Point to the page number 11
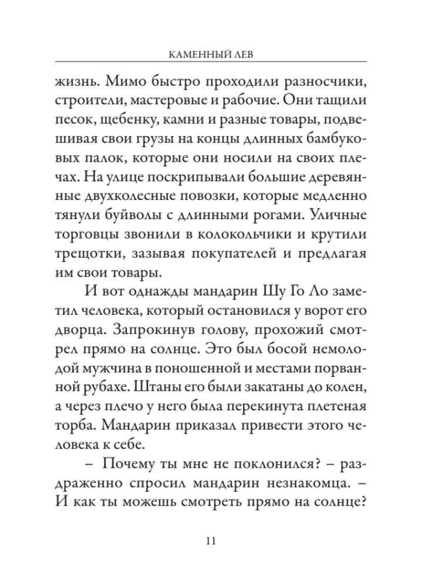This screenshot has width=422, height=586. point(211,540)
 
